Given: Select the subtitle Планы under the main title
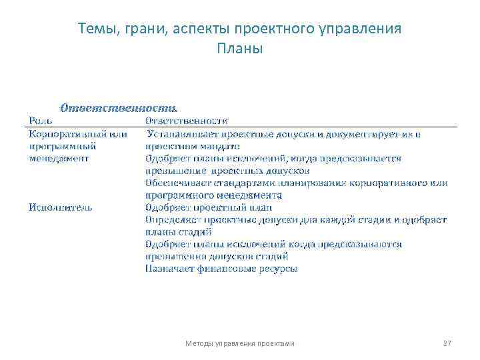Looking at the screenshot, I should [x=240, y=49].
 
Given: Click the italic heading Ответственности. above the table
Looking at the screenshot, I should [x=119, y=107].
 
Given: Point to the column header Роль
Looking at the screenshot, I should [x=39, y=121].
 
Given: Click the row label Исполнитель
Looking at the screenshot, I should [x=61, y=207].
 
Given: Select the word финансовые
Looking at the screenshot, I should [x=228, y=269].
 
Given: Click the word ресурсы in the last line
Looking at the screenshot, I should [x=279, y=269].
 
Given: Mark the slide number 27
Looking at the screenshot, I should [x=447, y=343].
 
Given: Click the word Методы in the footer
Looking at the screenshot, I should [x=197, y=343].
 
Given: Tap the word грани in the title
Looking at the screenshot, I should [x=137, y=29].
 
